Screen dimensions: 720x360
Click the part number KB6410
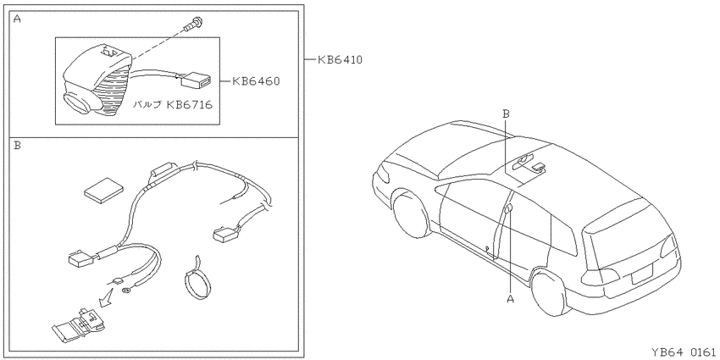point(340,59)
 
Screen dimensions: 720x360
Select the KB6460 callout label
point(256,81)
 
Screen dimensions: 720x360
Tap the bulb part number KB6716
point(189,105)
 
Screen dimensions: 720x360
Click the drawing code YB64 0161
point(684,352)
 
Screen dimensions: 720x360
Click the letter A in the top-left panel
point(17,19)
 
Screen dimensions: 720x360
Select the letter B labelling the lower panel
point(17,146)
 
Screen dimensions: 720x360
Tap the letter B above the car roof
point(506,114)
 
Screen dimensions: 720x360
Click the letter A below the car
point(510,299)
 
